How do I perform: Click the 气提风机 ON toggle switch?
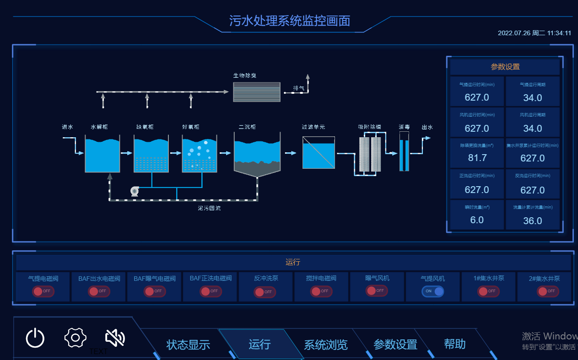click(433, 291)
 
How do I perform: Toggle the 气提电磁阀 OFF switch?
click(43, 291)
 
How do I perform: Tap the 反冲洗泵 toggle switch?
click(265, 292)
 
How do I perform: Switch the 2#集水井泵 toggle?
click(548, 291)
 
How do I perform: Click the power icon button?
click(35, 339)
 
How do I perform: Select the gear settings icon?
click(76, 338)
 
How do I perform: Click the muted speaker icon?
click(115, 338)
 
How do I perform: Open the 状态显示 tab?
click(188, 344)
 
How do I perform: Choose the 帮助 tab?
click(454, 344)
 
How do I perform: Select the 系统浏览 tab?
click(325, 344)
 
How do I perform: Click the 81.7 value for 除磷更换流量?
click(477, 158)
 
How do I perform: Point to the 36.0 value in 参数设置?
click(532, 221)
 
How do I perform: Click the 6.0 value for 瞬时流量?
click(477, 220)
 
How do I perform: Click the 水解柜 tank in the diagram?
click(102, 154)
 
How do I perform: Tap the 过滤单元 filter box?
click(319, 153)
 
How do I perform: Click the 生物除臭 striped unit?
click(256, 91)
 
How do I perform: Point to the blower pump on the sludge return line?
click(135, 191)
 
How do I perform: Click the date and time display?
click(534, 33)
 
